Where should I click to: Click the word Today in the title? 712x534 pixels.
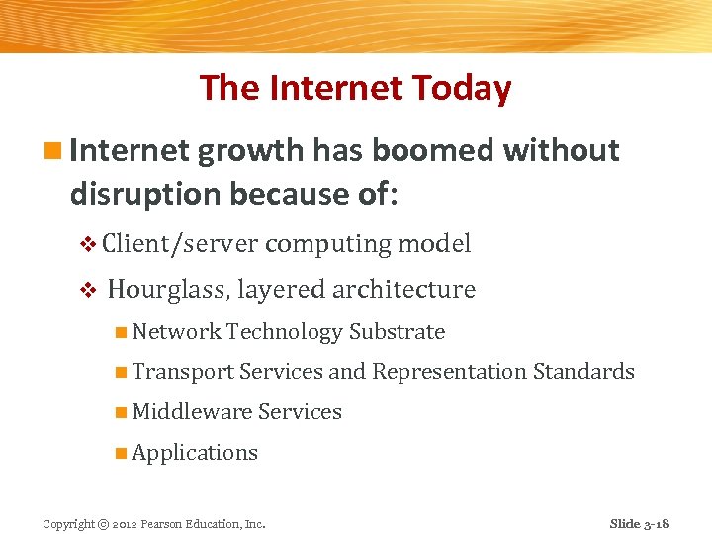coord(463,89)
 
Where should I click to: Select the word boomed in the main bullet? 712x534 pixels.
coord(436,151)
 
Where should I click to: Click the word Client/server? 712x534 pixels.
coord(179,244)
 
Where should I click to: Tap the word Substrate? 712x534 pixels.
coord(397,332)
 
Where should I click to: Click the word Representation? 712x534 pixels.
coord(449,372)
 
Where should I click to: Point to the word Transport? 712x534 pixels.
coord(183,372)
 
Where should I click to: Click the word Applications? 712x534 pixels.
coord(195,453)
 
